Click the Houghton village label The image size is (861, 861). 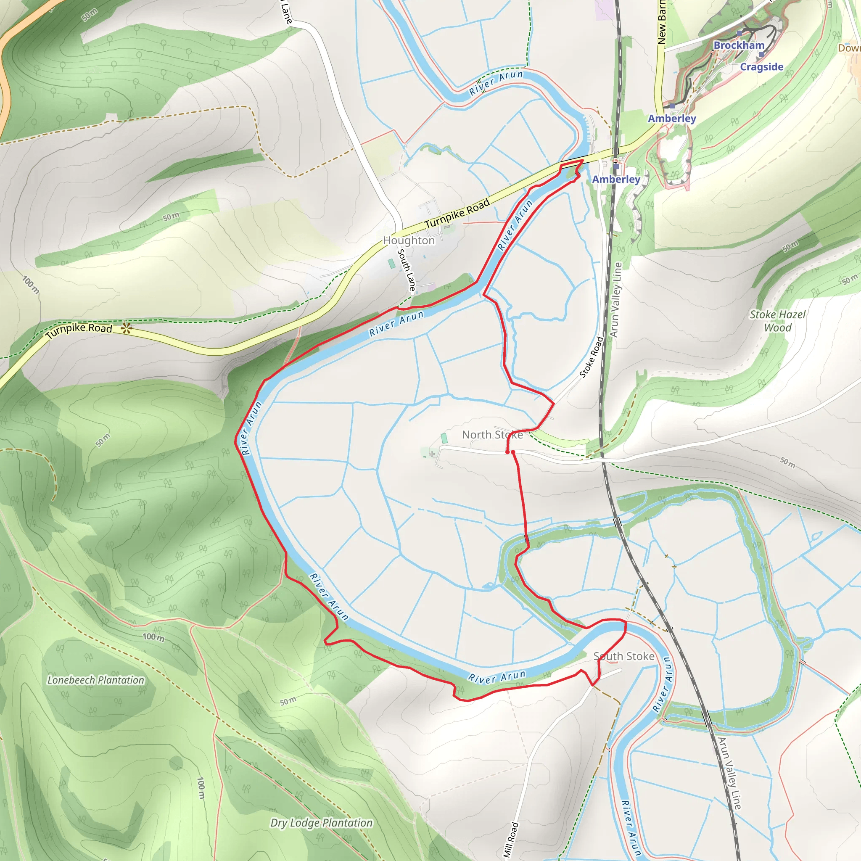point(409,240)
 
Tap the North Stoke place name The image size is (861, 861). point(492,435)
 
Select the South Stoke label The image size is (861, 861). point(623,656)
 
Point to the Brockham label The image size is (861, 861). point(739,45)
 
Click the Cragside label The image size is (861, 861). point(762,67)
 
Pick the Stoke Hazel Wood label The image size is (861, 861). point(778,321)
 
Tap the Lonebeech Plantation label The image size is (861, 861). point(96,680)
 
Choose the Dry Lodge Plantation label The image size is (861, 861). point(321,823)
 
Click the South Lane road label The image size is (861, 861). point(407,270)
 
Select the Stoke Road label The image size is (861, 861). point(592,357)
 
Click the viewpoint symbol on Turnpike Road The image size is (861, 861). point(127,329)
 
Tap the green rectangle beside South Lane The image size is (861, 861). point(392,263)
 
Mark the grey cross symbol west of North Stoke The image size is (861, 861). point(431,454)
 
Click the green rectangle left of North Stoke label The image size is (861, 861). point(444,438)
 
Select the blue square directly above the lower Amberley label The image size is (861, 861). point(616,166)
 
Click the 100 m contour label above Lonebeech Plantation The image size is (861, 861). point(153,637)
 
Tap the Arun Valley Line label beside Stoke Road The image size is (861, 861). point(615,299)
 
